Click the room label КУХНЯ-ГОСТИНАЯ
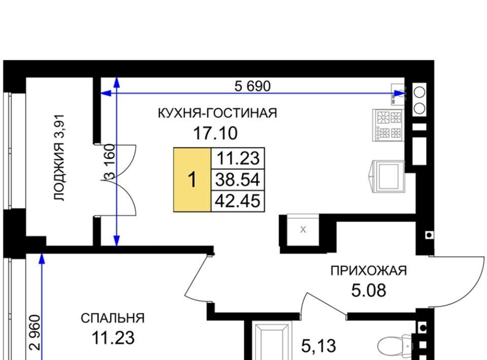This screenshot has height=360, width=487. [218, 113]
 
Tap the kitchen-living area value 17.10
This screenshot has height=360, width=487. [215, 133]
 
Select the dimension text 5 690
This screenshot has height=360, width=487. [253, 86]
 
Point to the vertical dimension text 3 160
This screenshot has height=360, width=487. [110, 162]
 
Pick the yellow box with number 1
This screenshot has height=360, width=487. [192, 179]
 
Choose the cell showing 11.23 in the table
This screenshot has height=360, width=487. [238, 158]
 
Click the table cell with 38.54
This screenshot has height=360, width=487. [238, 179]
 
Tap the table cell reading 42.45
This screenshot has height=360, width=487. [238, 201]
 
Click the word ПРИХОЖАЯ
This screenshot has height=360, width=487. [369, 271]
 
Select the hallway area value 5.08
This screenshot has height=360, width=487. [369, 291]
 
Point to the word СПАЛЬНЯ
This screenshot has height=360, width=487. [113, 318]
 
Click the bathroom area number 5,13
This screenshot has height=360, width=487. [319, 346]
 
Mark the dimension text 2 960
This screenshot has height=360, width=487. [35, 333]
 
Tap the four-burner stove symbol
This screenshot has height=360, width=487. [388, 125]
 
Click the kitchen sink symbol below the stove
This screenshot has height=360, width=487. [387, 176]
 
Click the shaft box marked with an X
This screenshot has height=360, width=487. [303, 230]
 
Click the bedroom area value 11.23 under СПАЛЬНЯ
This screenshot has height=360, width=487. [113, 338]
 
